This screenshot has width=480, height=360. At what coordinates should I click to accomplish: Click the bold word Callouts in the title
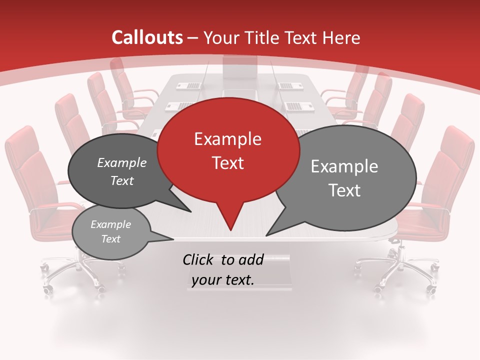147,37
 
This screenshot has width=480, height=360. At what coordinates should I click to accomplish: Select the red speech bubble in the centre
228,150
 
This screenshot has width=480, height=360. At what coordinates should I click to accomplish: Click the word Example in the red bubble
227,139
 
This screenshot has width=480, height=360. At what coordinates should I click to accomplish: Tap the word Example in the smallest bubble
110,224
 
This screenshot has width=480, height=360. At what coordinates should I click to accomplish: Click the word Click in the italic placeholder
199,259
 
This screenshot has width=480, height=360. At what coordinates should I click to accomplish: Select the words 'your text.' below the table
223,280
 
